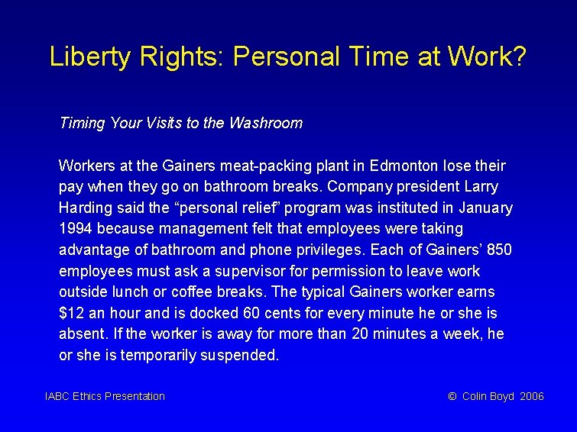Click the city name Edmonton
pos(398,166)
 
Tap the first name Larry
pos(481,187)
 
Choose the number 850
pos(498,250)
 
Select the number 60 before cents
pos(251,313)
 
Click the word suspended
pos(245,356)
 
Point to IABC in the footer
pos(57,396)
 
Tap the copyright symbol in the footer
pos(452,396)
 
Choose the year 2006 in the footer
pos(532,396)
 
